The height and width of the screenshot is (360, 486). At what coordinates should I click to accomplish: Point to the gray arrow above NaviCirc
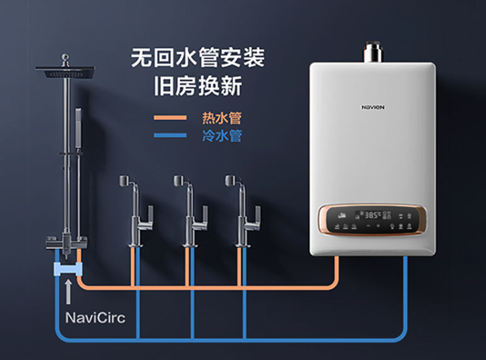(67, 291)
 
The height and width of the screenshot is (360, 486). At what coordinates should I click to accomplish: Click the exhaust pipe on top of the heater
(374, 53)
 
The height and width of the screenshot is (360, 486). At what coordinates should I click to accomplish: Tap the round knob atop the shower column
(65, 58)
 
